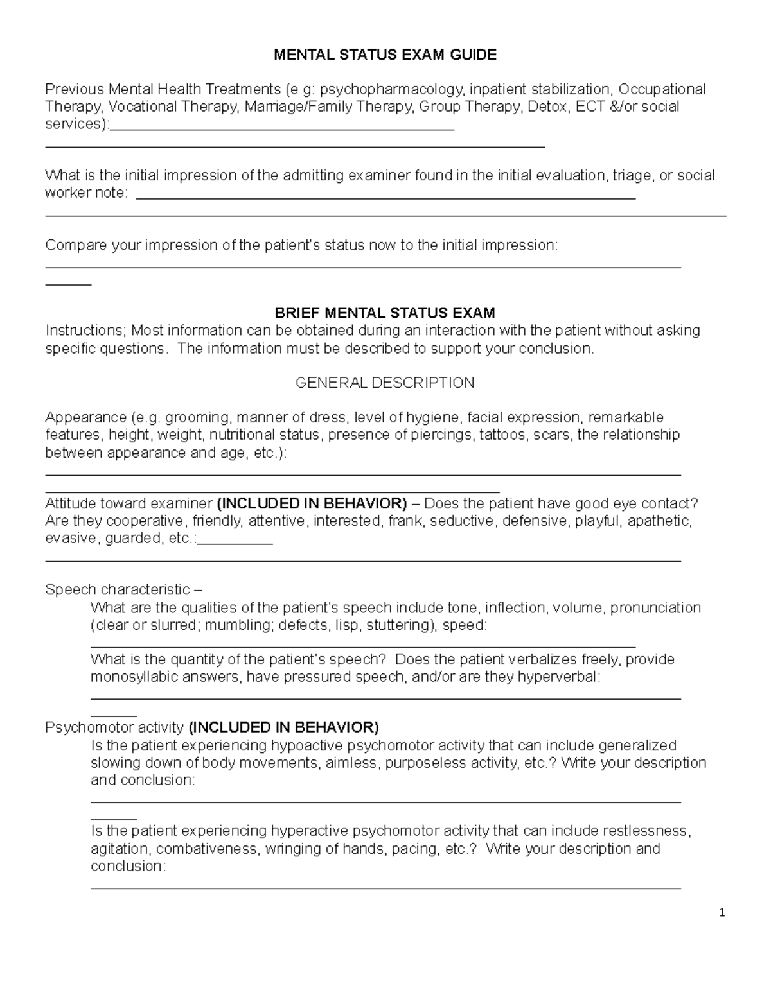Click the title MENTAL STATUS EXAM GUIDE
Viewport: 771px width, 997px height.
click(x=385, y=55)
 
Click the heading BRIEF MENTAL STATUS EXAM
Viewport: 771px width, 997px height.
click(x=385, y=313)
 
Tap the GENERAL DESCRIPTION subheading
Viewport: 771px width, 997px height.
click(x=385, y=383)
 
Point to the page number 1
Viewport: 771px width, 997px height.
click(x=722, y=913)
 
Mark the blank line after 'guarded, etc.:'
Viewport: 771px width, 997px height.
click(x=235, y=542)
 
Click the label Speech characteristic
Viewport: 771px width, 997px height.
click(x=118, y=589)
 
